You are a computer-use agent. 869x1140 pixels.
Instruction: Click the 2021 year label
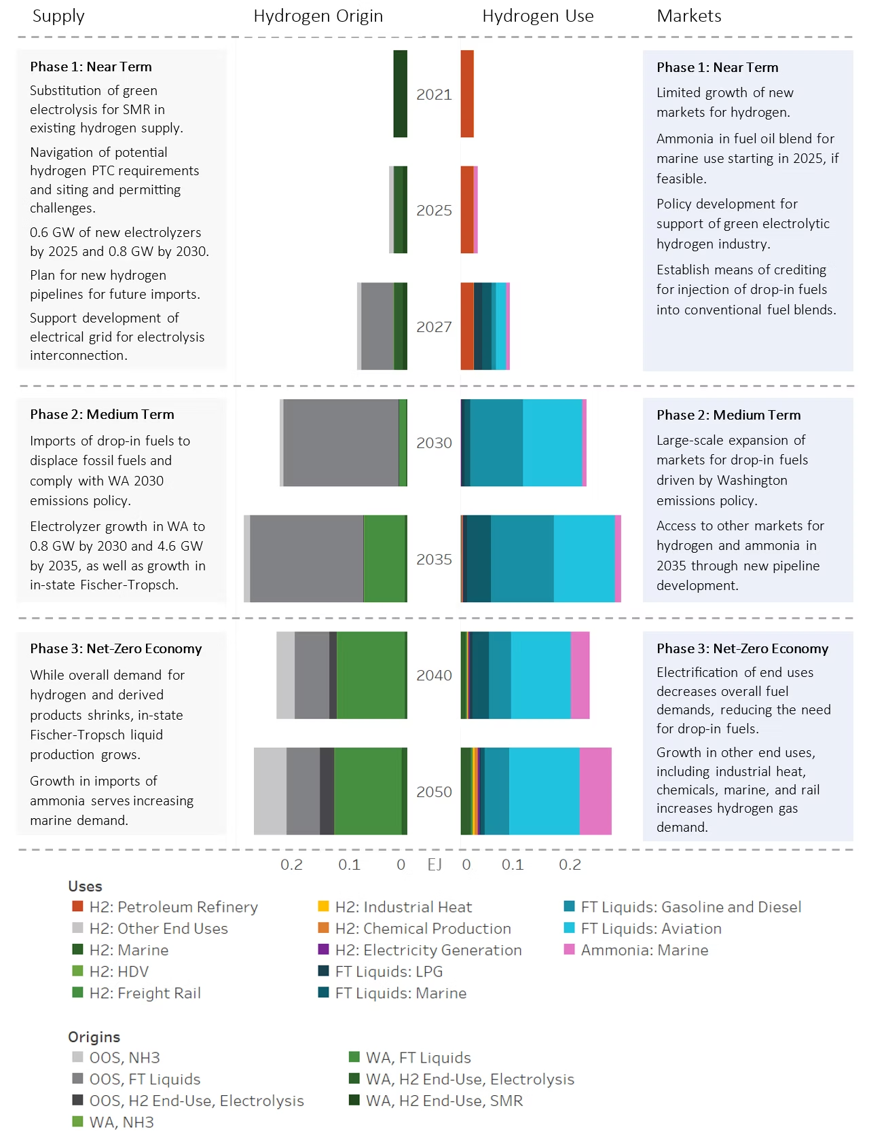[x=434, y=94]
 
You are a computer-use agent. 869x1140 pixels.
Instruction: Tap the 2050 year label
[x=434, y=792]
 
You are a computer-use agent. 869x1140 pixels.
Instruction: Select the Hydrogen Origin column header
[x=318, y=16]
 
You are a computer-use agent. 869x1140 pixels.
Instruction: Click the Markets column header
[x=688, y=16]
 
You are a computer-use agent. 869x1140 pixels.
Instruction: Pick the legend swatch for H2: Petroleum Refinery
[x=77, y=906]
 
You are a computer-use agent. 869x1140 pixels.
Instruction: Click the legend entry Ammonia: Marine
[x=644, y=950]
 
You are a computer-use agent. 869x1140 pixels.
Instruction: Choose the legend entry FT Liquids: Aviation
[x=650, y=928]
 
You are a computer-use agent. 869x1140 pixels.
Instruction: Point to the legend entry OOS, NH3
[x=124, y=1057]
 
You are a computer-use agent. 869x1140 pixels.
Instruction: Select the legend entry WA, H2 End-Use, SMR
[x=444, y=1101]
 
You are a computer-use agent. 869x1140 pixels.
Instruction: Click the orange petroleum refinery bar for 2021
[x=467, y=94]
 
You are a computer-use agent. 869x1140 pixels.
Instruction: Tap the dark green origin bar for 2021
[x=400, y=94]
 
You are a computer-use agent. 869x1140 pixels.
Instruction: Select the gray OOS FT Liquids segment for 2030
[x=341, y=443]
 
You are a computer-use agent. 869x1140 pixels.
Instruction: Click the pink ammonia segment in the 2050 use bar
[x=595, y=791]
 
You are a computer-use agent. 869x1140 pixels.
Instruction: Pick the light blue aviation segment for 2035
[x=584, y=559]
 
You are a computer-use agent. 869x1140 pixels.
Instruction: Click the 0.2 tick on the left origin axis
[x=291, y=864]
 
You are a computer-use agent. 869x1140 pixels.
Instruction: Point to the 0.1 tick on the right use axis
[x=513, y=864]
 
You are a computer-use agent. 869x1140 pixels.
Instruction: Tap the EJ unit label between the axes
[x=434, y=864]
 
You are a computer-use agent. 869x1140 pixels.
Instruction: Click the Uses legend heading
[x=85, y=886]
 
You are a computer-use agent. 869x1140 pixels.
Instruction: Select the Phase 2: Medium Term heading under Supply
[x=102, y=414]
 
